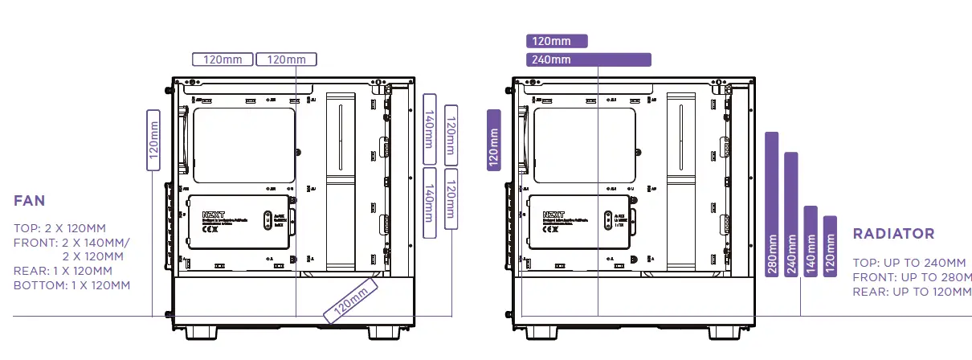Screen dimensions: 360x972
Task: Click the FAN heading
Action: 30,201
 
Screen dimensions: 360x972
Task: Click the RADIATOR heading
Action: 893,234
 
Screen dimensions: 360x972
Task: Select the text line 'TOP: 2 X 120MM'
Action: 59,229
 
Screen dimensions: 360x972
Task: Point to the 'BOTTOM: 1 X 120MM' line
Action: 71,285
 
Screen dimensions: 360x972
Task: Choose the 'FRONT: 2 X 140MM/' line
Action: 71,243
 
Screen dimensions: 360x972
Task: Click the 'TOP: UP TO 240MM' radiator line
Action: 909,263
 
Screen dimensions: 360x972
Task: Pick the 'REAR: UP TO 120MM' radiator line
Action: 912,291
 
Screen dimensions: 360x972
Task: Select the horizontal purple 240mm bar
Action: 588,59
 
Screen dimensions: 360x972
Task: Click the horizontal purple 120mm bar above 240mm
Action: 557,41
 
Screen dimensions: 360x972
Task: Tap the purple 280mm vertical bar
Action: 772,205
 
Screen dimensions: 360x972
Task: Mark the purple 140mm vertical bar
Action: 811,242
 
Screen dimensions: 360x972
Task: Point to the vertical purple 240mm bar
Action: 791,215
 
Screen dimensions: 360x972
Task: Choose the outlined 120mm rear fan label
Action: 154,140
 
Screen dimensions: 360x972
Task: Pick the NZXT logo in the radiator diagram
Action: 553,215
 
